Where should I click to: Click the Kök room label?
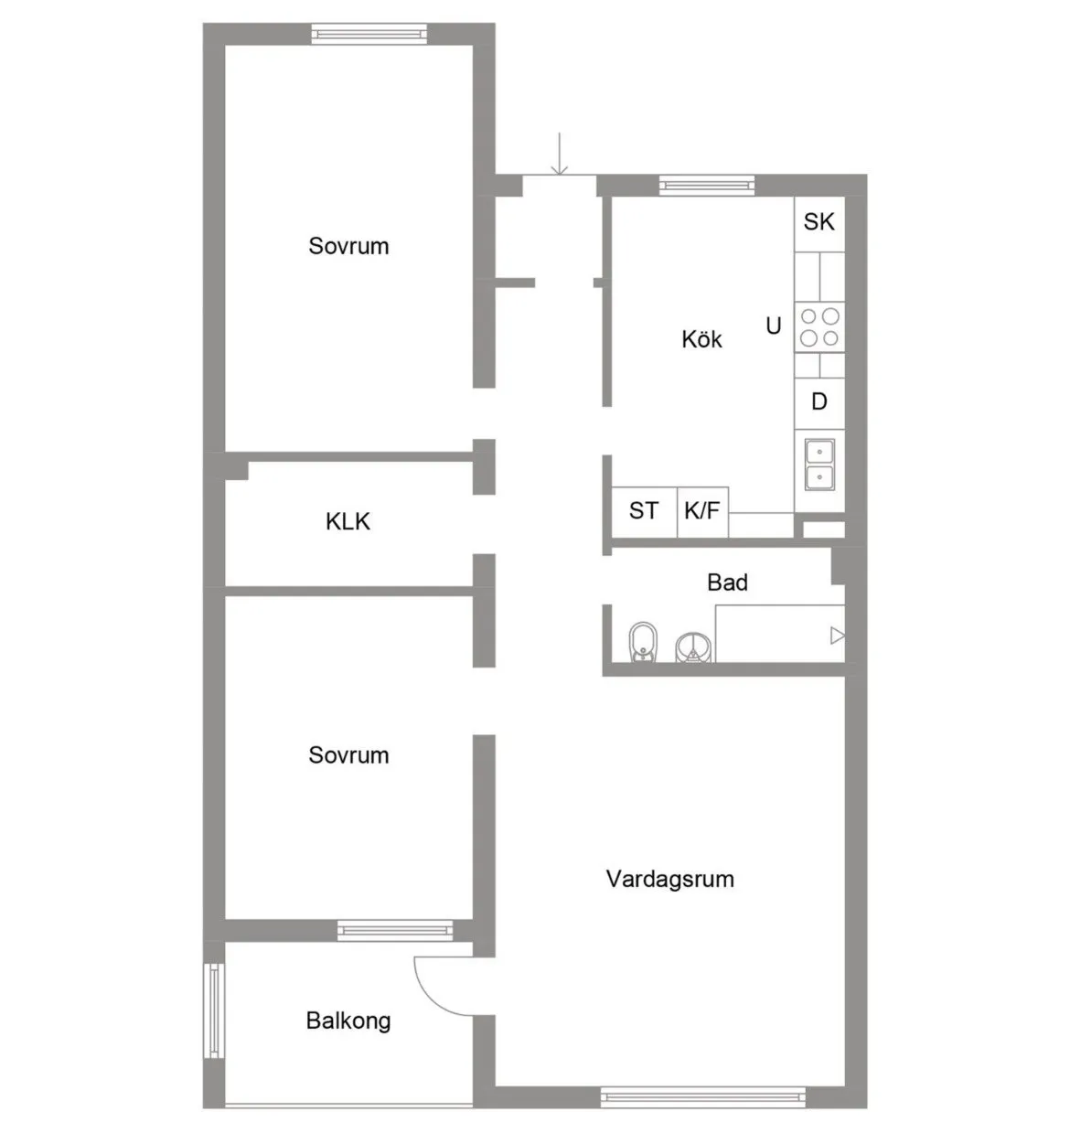tap(701, 339)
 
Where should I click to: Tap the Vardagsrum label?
tap(669, 879)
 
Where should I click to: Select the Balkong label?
tap(348, 1021)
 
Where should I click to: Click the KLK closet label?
tap(348, 521)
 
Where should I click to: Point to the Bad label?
tap(727, 583)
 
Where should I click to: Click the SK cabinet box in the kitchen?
tap(819, 221)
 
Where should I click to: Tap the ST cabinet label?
tap(643, 510)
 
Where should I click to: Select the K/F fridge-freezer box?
tap(701, 511)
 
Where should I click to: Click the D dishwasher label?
tap(819, 401)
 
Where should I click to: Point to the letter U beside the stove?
tap(774, 326)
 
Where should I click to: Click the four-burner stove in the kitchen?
tap(819, 326)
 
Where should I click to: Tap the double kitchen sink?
tap(819, 465)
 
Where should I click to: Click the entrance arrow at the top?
tap(559, 155)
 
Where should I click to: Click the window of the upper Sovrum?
tap(369, 34)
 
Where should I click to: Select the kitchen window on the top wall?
tap(707, 186)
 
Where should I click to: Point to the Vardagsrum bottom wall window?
tap(702, 1096)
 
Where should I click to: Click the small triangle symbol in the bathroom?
tap(836, 635)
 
